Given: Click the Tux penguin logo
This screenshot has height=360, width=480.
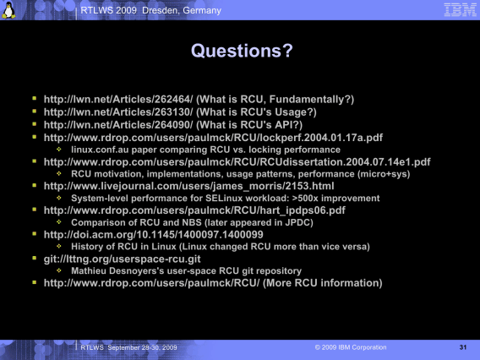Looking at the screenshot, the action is (x=9, y=10).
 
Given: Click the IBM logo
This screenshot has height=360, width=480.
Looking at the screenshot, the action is (x=460, y=10).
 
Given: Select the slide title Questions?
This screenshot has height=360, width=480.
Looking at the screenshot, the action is (x=242, y=51).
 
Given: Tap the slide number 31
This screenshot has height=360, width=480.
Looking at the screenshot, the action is (x=463, y=347).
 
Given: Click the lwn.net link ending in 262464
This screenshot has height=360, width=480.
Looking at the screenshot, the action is (x=118, y=99).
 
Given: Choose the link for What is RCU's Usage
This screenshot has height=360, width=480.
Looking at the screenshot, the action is (x=118, y=112).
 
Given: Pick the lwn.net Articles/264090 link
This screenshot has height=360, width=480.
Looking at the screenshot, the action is (x=118, y=125).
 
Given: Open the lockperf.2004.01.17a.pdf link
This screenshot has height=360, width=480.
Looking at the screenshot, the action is (x=213, y=138).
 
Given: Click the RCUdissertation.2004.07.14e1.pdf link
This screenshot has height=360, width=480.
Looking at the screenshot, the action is (x=237, y=162).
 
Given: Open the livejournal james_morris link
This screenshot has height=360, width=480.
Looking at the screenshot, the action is (x=189, y=186).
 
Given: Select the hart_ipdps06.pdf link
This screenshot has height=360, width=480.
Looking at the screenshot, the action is (x=194, y=210).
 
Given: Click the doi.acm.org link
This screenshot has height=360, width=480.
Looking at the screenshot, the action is (x=153, y=234).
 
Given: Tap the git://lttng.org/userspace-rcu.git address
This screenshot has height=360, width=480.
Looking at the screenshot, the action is (x=123, y=259).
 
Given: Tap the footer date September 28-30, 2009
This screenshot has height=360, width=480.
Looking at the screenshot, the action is (x=142, y=347).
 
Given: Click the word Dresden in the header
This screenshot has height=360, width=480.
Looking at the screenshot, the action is (x=160, y=10).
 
